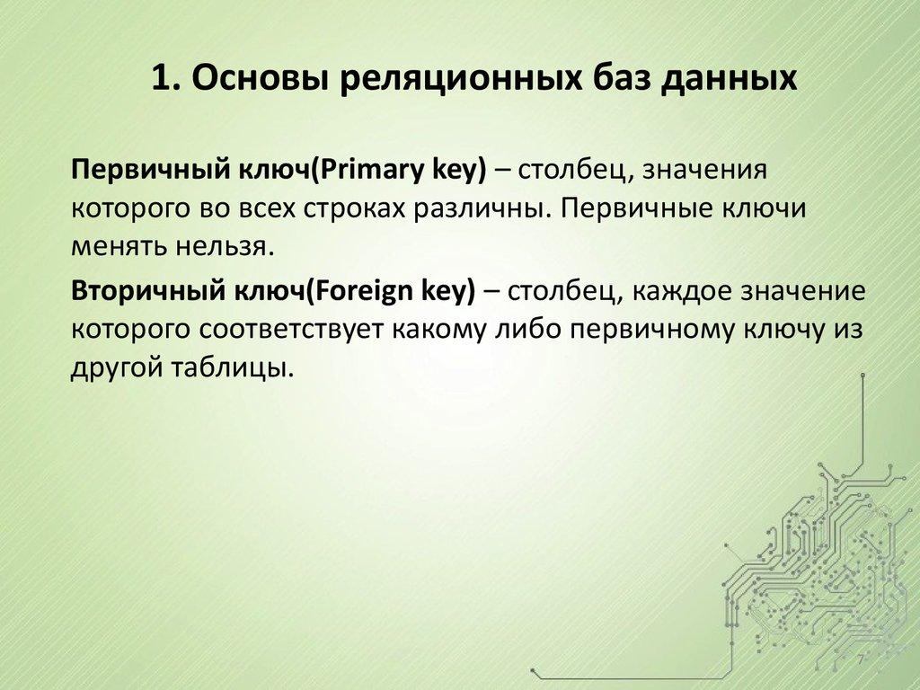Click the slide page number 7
861,661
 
